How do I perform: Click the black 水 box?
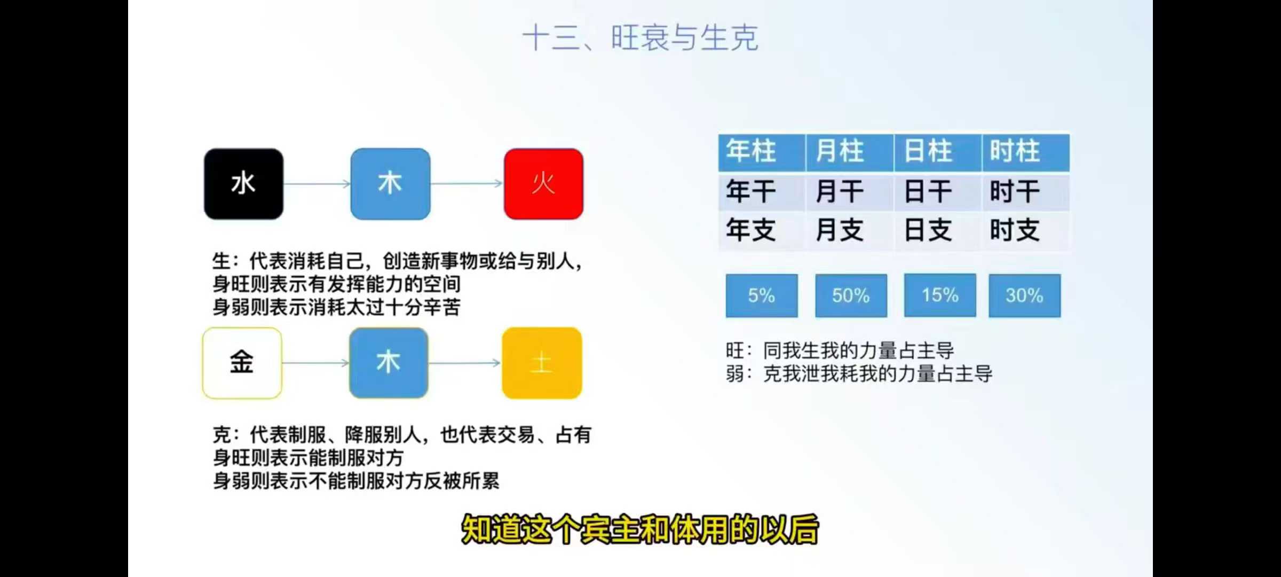243,184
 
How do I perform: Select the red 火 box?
543,184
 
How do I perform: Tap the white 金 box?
242,363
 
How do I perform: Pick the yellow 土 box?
542,363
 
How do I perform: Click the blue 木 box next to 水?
390,184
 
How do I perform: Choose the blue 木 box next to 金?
389,363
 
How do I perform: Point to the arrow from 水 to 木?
317,184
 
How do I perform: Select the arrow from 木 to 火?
467,184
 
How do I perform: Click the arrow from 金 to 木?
315,363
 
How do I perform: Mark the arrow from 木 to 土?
465,363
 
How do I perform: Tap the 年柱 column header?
762,152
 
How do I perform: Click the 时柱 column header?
1026,152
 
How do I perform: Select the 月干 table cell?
850,191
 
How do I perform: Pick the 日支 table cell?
938,230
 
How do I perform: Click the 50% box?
851,295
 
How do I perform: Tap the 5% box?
762,295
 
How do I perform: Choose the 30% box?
1024,295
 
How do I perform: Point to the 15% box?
940,295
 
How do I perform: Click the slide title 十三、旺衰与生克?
640,38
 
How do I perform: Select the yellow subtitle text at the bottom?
639,529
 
